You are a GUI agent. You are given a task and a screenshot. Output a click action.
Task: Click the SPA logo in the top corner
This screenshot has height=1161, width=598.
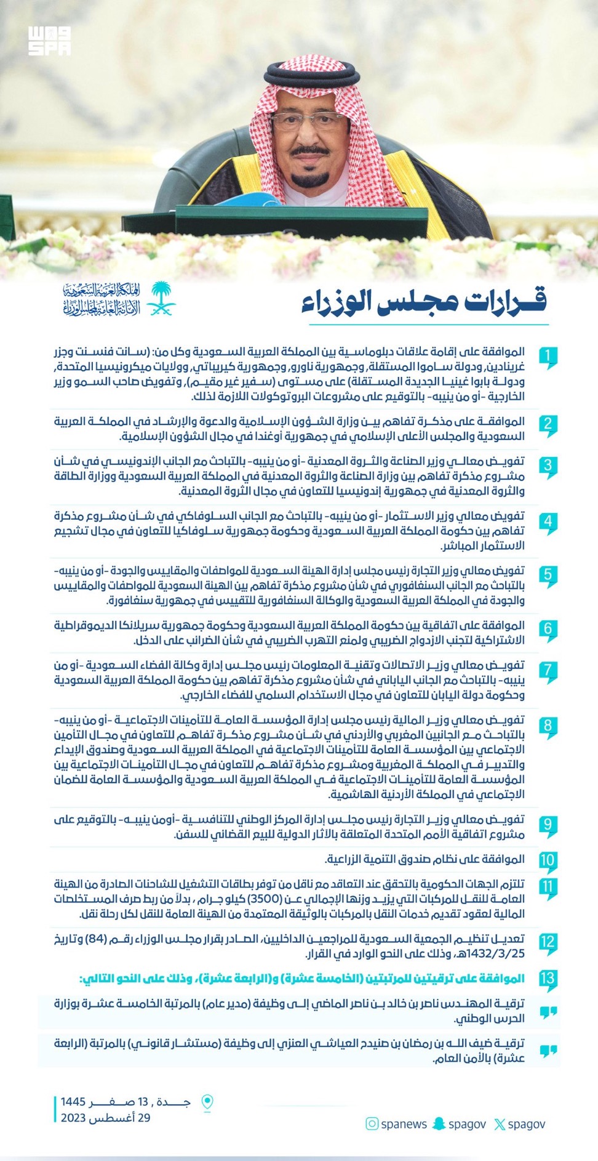(49, 41)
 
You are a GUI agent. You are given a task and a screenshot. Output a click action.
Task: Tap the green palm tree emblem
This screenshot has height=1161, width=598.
(161, 299)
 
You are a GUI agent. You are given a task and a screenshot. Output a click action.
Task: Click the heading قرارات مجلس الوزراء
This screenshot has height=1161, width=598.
(424, 301)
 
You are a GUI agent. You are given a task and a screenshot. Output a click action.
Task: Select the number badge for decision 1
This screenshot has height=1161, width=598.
(548, 357)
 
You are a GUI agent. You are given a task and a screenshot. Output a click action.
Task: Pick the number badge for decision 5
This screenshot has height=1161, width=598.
(548, 575)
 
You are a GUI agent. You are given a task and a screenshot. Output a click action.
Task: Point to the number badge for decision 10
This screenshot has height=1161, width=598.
(548, 860)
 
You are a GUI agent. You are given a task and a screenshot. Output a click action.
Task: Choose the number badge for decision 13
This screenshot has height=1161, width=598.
(548, 978)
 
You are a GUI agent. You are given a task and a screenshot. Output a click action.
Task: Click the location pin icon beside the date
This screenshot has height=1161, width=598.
(208, 1102)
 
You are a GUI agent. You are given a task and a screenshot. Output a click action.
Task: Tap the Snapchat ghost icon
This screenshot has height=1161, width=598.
(439, 1124)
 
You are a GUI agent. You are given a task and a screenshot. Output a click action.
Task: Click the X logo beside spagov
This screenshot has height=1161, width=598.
(500, 1125)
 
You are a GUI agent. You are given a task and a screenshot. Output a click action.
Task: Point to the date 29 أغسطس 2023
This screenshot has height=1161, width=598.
(105, 1118)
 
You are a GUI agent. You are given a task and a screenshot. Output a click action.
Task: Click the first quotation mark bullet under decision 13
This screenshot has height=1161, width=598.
(548, 1013)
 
